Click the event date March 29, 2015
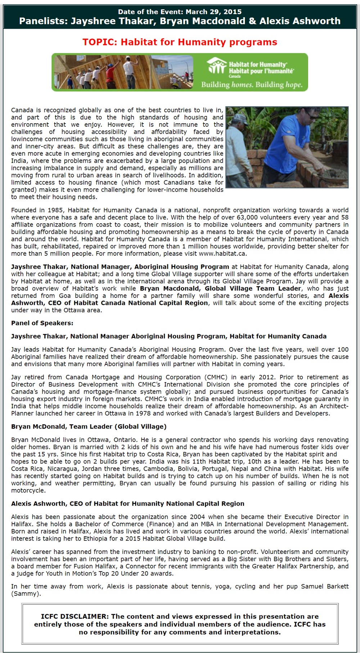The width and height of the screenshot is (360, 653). point(213,12)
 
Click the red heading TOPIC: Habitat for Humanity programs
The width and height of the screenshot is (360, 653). point(180,42)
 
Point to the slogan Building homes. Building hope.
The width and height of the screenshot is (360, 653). point(252,85)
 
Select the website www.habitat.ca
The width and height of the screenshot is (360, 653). point(222,254)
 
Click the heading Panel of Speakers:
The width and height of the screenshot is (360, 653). point(42,323)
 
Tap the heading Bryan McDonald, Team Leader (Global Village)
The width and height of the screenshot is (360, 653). point(89,427)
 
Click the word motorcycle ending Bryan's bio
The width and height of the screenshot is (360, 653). point(27,491)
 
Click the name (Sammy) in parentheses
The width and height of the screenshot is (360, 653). point(26,594)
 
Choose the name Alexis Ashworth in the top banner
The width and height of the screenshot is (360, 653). point(300,21)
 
